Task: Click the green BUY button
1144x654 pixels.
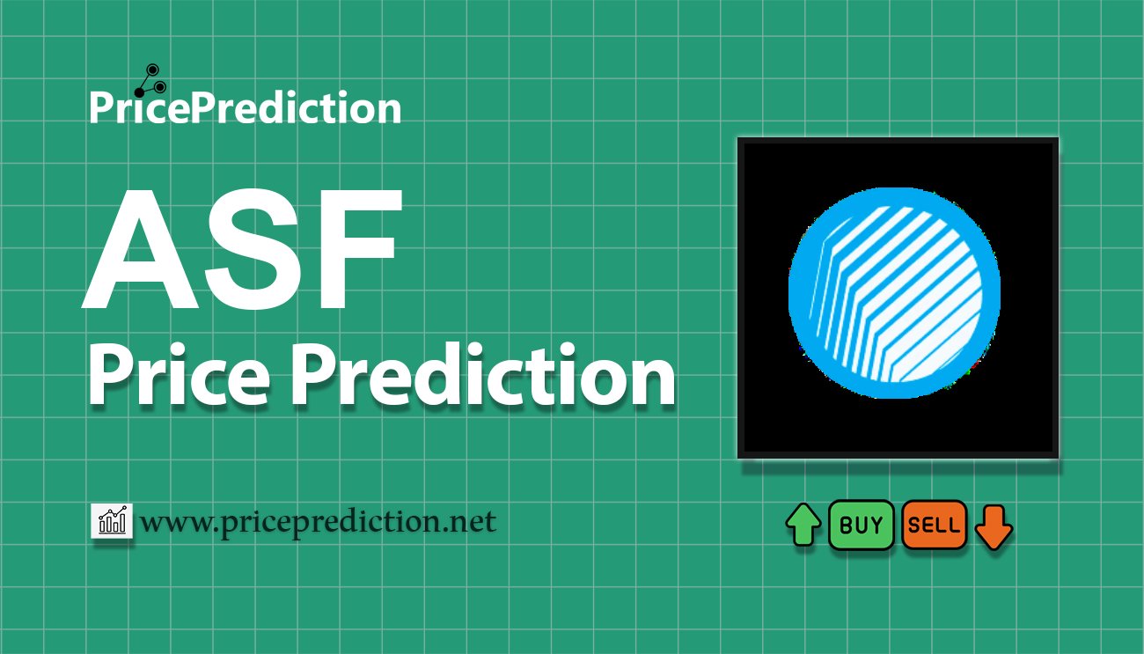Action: pos(861,525)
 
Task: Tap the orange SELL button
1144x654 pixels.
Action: pos(935,525)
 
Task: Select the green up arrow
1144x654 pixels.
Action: pos(803,525)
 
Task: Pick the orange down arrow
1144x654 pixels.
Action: pos(994,527)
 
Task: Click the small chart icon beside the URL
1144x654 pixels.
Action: pos(112,520)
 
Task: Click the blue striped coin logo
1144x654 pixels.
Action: pos(894,293)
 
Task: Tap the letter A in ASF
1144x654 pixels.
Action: pos(140,250)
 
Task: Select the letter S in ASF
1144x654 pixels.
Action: pos(254,250)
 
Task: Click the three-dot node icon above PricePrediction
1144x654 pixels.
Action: pos(150,81)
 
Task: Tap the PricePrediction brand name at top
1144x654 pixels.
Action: pos(246,107)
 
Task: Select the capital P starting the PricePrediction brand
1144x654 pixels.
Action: pos(101,107)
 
